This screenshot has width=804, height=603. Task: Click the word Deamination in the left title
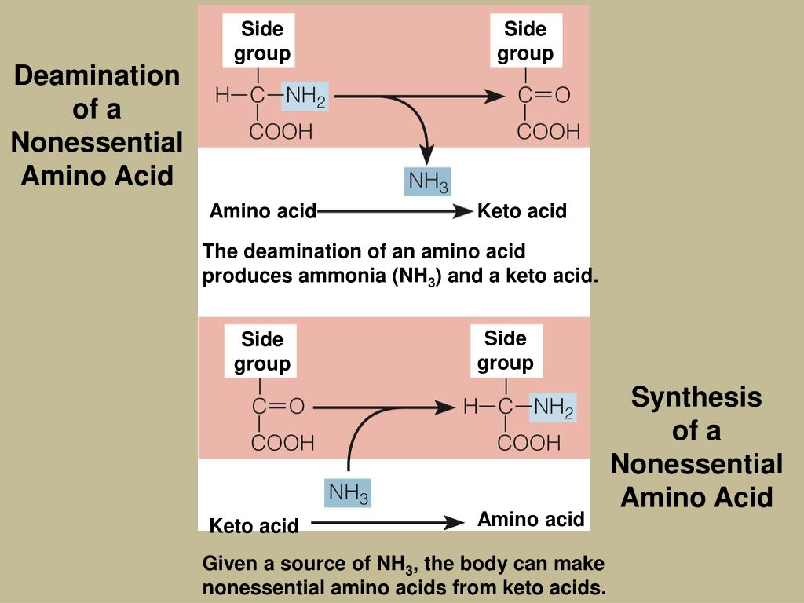coord(97,76)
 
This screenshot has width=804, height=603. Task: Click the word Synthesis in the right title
coord(696,397)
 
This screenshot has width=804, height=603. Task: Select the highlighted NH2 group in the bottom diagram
coord(553,407)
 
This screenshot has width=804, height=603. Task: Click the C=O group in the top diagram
coord(543,97)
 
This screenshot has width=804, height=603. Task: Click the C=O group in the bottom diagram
coord(277,407)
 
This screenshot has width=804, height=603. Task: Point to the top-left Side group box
coord(261,41)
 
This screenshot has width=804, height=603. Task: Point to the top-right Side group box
coord(524,41)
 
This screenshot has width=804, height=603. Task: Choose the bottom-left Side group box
coord(261,351)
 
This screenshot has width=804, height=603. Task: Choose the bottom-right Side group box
coord(505,350)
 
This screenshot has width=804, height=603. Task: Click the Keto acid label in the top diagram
coord(522,211)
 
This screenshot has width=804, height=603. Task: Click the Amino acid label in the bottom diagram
coord(531,519)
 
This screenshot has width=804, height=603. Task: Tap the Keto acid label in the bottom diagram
coord(254,526)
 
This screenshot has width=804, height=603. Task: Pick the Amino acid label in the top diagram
coord(262,211)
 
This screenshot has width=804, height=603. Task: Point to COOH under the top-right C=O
coord(548,130)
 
